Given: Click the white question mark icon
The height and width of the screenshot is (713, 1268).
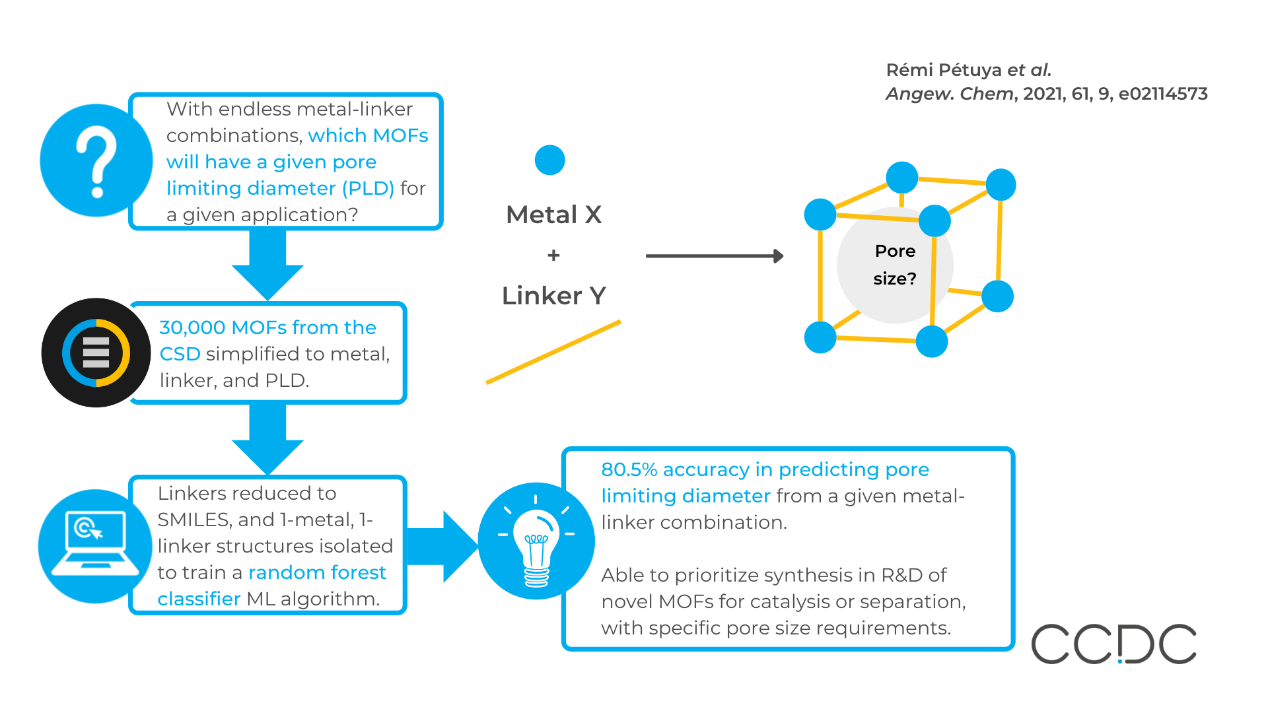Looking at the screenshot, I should pyautogui.click(x=96, y=161).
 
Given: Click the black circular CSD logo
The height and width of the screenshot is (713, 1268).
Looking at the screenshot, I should pyautogui.click(x=96, y=353).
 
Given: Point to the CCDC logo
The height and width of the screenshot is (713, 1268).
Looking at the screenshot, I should pyautogui.click(x=1113, y=644).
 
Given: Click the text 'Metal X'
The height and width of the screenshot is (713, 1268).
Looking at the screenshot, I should pyautogui.click(x=553, y=215).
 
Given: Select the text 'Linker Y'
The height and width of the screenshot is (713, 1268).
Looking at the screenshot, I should pyautogui.click(x=553, y=296).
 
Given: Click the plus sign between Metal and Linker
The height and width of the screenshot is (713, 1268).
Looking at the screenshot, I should pyautogui.click(x=553, y=255).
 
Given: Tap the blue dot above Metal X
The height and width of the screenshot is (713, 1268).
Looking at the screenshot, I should pyautogui.click(x=549, y=160).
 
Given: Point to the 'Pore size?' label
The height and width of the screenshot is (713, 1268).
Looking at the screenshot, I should pyautogui.click(x=895, y=265).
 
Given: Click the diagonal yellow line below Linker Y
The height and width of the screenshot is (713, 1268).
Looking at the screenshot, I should pyautogui.click(x=553, y=352).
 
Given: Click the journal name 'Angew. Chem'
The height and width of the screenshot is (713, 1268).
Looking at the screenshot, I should pyautogui.click(x=949, y=94).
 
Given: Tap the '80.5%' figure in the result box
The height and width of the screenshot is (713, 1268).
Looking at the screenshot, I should pyautogui.click(x=629, y=469).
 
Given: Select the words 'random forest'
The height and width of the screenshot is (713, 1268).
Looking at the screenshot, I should pyautogui.click(x=317, y=572).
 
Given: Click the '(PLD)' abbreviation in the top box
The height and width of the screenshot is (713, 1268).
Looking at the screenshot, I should pyautogui.click(x=367, y=188).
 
